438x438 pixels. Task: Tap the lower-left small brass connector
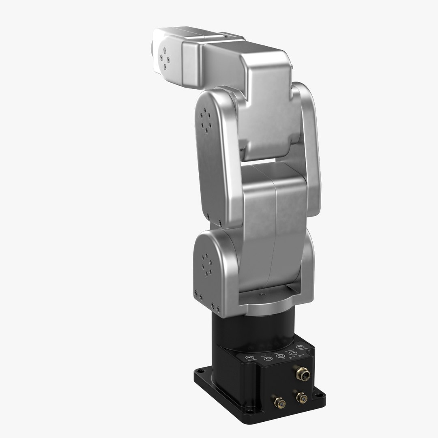(x=279, y=403)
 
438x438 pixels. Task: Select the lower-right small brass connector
(x=301, y=397)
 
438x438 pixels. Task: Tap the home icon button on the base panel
(x=279, y=356)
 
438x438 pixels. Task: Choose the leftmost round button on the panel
(x=250, y=357)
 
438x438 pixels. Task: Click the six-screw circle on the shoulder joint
(x=207, y=265)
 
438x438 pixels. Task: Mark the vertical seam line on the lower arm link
(x=273, y=227)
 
